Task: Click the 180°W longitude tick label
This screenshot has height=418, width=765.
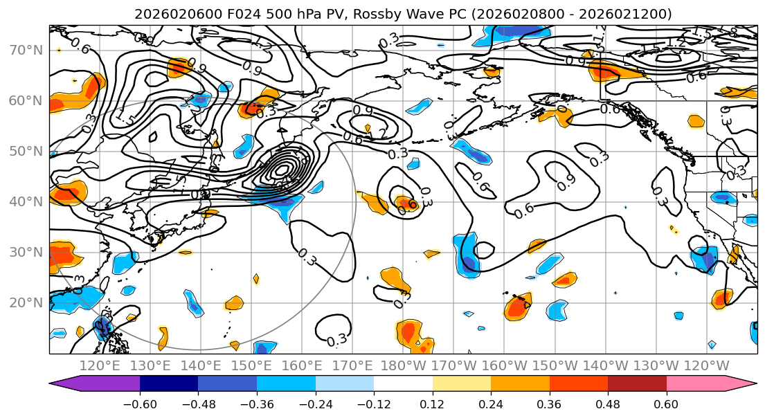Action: (x=403, y=365)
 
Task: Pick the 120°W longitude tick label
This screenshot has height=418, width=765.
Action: (x=706, y=365)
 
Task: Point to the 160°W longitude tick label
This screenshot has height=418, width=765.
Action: (x=504, y=365)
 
